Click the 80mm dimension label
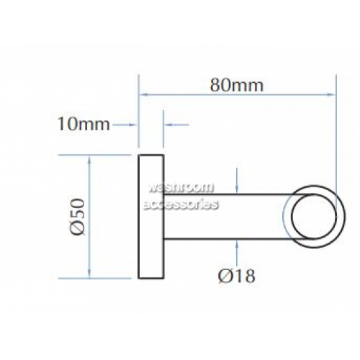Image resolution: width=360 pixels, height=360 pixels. coord(237,85)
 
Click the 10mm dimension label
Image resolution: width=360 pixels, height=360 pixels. coord(84,125)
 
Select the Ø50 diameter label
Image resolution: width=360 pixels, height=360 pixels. coord(78,217)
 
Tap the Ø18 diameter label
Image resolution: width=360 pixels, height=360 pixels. coord(237,276)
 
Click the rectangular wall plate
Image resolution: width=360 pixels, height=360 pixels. coord(151,217)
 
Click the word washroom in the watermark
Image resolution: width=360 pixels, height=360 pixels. coord(181,187)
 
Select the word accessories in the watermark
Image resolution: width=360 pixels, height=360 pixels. coord(181,204)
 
